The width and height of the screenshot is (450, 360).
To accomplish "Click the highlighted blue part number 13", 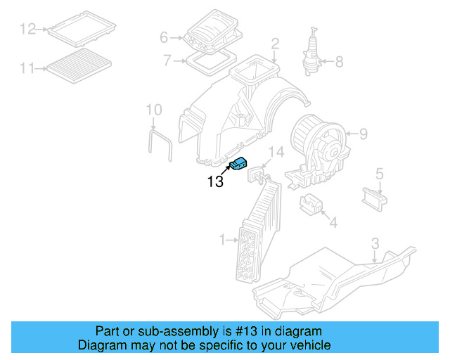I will pyautogui.click(x=240, y=164).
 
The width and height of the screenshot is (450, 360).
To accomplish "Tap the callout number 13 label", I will pyautogui.click(x=214, y=181).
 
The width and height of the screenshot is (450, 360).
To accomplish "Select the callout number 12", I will pyautogui.click(x=27, y=29).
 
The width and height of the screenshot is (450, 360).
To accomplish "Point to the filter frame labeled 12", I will pyautogui.click(x=82, y=28).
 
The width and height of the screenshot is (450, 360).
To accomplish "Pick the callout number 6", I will pyautogui.click(x=164, y=37).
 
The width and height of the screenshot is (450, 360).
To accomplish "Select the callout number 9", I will pyautogui.click(x=364, y=134).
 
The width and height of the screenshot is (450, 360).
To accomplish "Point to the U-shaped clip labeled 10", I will pyautogui.click(x=161, y=143).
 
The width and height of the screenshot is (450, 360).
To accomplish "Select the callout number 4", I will pyautogui.click(x=333, y=223).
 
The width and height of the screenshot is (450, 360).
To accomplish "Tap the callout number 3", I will pyautogui.click(x=375, y=243).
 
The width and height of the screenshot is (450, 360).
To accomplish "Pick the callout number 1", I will pyautogui.click(x=223, y=240).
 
